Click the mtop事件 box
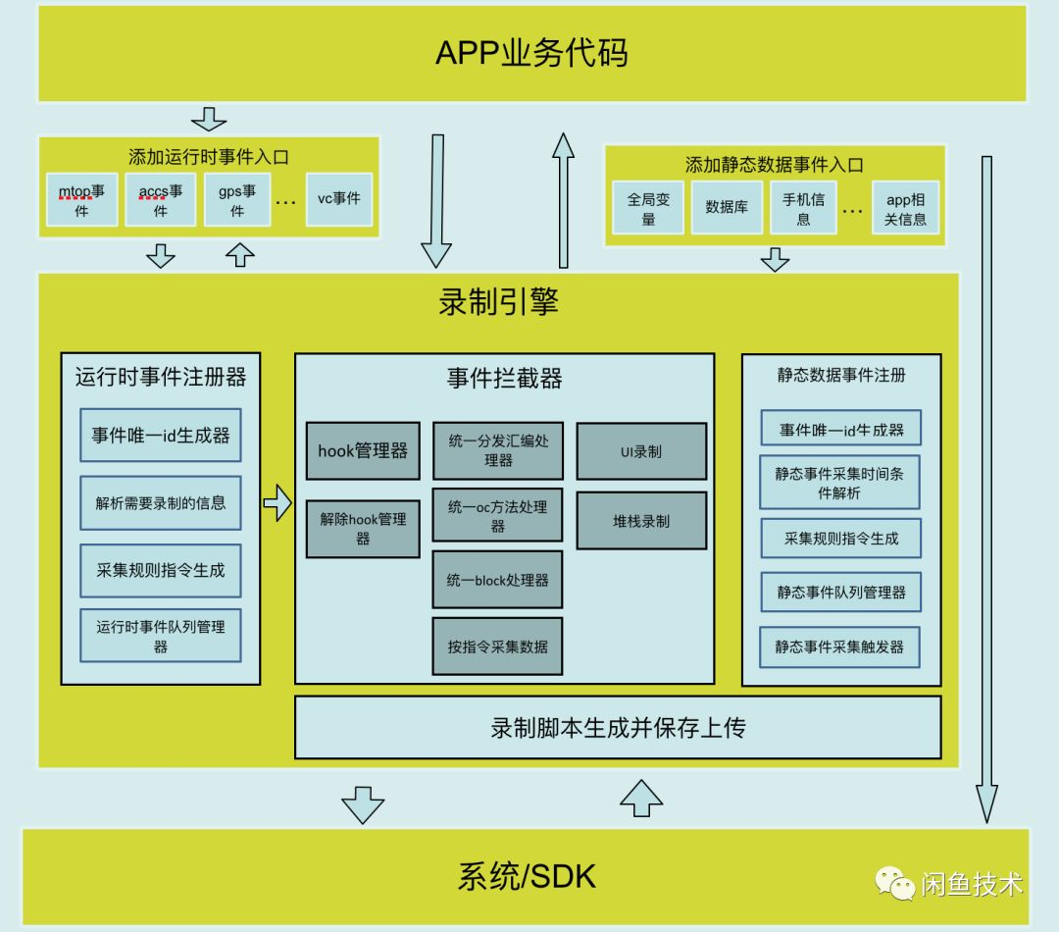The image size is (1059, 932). [81, 199]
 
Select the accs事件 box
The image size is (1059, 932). [160, 199]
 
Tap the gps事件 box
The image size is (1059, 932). [237, 199]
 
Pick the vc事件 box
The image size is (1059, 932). [339, 199]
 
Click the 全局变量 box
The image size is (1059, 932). [648, 208]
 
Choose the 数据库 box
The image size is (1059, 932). [727, 208]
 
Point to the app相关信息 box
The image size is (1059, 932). [905, 208]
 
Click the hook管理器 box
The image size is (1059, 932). [363, 452]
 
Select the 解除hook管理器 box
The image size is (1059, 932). [363, 529]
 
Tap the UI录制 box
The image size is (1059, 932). [641, 451]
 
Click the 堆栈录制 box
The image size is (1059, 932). [641, 521]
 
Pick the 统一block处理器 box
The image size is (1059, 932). [498, 580]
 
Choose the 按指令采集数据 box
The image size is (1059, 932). [498, 646]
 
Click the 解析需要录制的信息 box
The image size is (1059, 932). [161, 503]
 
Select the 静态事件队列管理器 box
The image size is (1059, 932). [841, 593]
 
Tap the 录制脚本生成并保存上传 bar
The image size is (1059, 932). [618, 727]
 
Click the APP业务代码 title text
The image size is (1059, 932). [531, 53]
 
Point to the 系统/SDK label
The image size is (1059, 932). [527, 876]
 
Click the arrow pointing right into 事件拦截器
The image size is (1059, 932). [277, 504]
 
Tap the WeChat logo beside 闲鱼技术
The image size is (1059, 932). [895, 883]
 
